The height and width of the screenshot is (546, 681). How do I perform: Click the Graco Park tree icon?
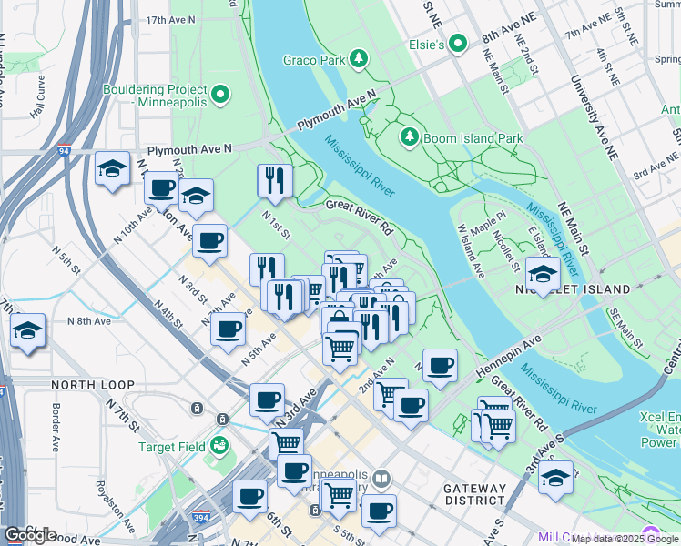pyautogui.click(x=361, y=60)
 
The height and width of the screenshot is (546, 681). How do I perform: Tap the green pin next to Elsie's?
pyautogui.click(x=461, y=44)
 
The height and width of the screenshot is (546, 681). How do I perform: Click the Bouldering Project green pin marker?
pyautogui.click(x=220, y=95)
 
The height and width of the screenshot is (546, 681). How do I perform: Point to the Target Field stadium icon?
pyautogui.click(x=219, y=446)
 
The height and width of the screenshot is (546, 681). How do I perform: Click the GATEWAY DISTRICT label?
pyautogui.click(x=474, y=494)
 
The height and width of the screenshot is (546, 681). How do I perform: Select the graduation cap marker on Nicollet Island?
pyautogui.click(x=543, y=273)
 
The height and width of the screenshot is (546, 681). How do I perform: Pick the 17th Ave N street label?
pyautogui.click(x=170, y=19)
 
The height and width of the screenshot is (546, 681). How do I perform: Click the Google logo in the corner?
pyautogui.click(x=30, y=535)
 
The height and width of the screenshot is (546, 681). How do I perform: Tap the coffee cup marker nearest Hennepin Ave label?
pyautogui.click(x=440, y=366)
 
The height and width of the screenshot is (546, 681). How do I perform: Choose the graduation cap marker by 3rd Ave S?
pyautogui.click(x=555, y=477)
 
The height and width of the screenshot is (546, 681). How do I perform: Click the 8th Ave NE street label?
pyautogui.click(x=509, y=36)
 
